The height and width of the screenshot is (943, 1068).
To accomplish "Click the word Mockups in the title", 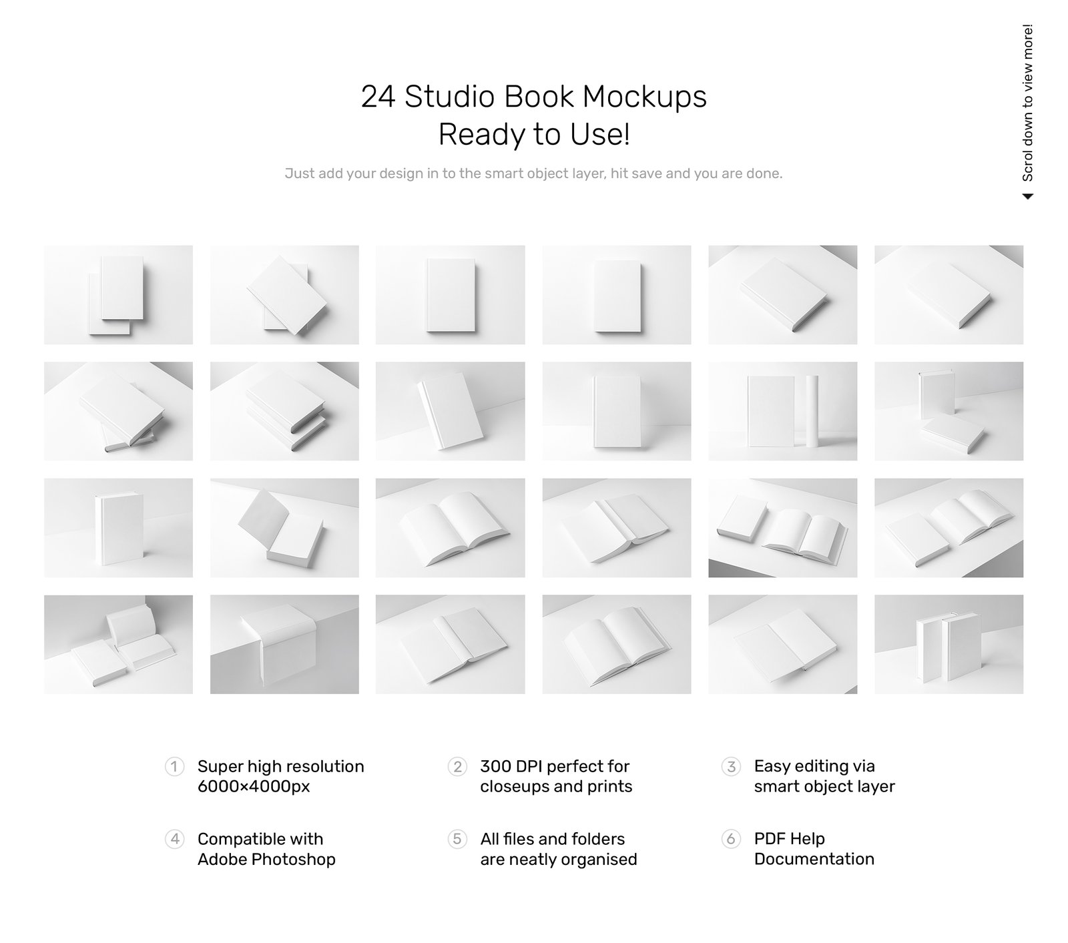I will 644,97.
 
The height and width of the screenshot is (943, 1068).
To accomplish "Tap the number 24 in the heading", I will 378,97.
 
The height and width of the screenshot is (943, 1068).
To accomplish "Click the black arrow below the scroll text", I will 1028,196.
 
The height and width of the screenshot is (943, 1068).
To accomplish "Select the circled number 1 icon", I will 174,766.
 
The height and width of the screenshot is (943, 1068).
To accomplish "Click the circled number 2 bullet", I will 457,766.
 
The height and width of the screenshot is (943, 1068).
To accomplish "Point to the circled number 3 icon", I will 731,766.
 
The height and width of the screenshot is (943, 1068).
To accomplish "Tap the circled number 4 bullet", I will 174,838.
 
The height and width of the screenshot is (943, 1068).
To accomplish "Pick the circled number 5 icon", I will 457,838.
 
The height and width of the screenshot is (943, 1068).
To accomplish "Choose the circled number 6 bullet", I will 731,838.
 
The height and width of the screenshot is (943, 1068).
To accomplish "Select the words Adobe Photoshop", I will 266,859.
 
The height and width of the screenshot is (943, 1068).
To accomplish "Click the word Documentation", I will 814,859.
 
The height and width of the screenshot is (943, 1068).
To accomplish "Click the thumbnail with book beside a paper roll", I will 782,411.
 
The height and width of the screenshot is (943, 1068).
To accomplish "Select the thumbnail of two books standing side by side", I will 949,644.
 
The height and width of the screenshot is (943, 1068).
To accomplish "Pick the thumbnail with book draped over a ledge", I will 284,644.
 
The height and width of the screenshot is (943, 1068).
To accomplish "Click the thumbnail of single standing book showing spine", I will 118,527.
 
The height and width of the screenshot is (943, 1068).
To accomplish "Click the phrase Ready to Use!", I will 534,135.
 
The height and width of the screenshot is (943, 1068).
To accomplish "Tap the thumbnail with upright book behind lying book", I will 949,411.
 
